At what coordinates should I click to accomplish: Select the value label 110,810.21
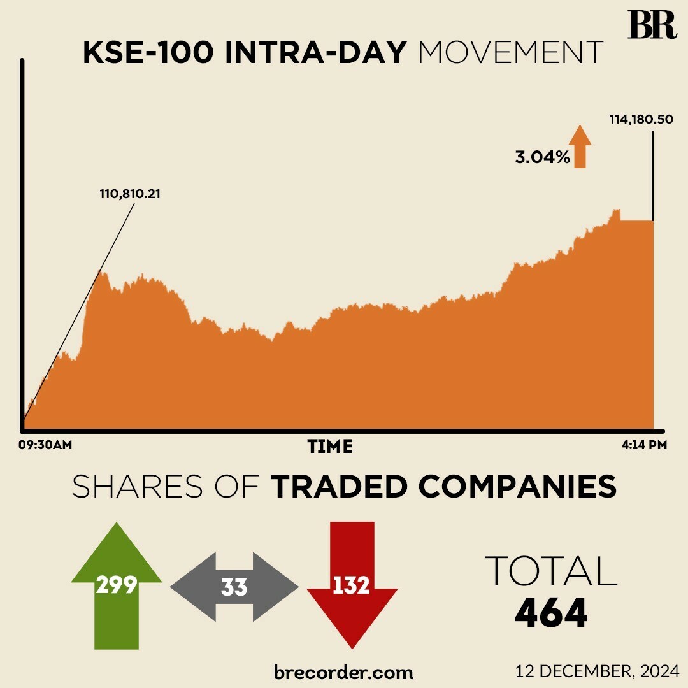click(x=129, y=193)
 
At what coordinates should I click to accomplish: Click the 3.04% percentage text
click(x=542, y=157)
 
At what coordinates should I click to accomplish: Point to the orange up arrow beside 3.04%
click(x=580, y=147)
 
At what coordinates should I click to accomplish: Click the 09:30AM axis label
click(x=45, y=445)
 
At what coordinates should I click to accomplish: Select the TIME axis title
click(x=330, y=446)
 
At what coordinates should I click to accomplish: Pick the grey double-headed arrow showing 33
click(x=234, y=587)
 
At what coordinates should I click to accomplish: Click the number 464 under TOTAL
click(x=550, y=613)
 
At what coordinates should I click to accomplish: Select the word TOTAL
click(x=551, y=571)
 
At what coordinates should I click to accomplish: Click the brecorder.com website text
click(x=343, y=671)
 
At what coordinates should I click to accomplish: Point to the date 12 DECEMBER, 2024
click(x=598, y=670)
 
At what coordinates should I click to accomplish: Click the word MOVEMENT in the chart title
click(x=510, y=54)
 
